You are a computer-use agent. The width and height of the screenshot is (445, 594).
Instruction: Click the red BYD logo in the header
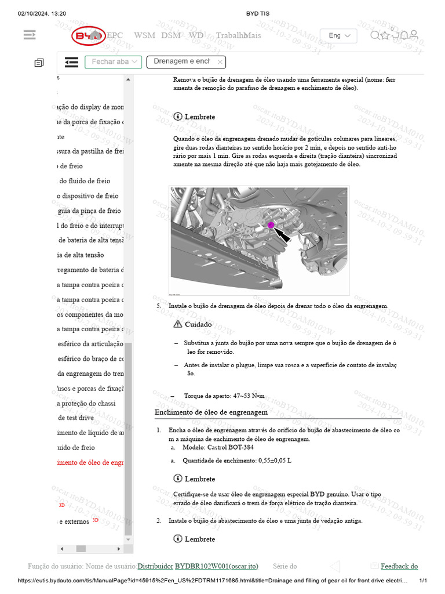click(x=89, y=36)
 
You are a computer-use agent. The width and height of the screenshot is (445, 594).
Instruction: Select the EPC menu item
click(x=115, y=35)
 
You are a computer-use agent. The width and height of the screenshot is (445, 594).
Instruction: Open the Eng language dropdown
click(x=339, y=35)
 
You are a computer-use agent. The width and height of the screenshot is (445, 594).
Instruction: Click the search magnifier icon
click(x=375, y=36)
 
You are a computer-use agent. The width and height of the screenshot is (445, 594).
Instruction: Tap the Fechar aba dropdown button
click(x=113, y=61)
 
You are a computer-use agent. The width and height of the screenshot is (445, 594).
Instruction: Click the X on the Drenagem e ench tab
click(x=220, y=61)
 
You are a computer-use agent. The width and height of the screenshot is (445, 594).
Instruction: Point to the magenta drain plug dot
click(x=271, y=224)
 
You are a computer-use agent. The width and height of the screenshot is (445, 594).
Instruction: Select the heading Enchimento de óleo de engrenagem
click(x=211, y=412)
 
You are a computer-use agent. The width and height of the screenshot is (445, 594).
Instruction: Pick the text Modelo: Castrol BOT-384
click(x=218, y=447)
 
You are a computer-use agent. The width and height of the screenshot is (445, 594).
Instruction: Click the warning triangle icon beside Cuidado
click(x=177, y=324)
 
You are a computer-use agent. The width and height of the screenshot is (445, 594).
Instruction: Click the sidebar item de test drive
click(x=76, y=418)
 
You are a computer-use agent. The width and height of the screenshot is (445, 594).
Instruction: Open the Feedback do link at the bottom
click(x=399, y=566)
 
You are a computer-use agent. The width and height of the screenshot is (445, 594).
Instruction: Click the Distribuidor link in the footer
click(x=155, y=566)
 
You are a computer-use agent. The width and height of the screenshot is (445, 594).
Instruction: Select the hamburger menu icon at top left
click(x=30, y=35)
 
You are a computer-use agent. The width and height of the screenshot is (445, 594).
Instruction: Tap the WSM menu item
click(x=144, y=35)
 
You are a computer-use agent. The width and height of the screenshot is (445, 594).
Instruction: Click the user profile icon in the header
click(x=414, y=36)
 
